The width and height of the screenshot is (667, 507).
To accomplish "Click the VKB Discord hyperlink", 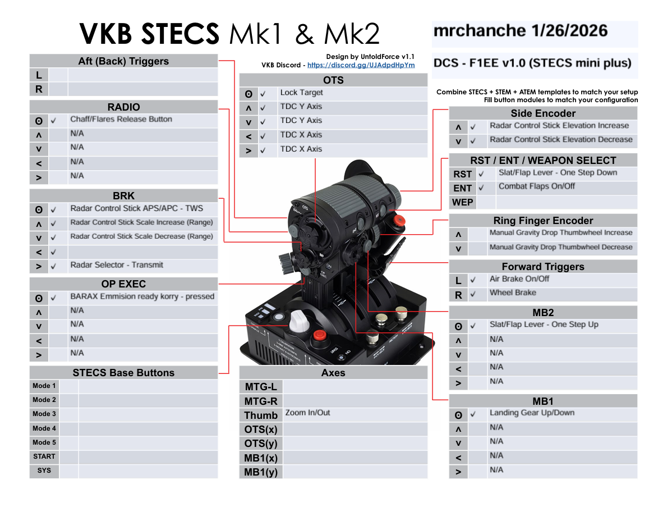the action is point(361,65).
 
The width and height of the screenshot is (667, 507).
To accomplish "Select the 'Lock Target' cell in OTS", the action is point(301,93).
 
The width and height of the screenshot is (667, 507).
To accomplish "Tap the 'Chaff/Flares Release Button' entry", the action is point(121,119).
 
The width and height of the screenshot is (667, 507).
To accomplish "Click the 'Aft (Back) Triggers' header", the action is point(123,61).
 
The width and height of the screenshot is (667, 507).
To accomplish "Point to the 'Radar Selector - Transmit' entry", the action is point(117,265).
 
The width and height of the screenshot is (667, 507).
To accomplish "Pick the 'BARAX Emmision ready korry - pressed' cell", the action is point(142,296).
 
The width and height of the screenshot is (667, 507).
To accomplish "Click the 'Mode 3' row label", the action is point(44,414).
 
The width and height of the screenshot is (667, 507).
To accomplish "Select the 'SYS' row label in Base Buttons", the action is point(44,471).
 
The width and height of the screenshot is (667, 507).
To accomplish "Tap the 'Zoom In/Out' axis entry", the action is point(307,413).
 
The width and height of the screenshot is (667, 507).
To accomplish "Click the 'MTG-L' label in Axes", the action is point(261,386).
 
